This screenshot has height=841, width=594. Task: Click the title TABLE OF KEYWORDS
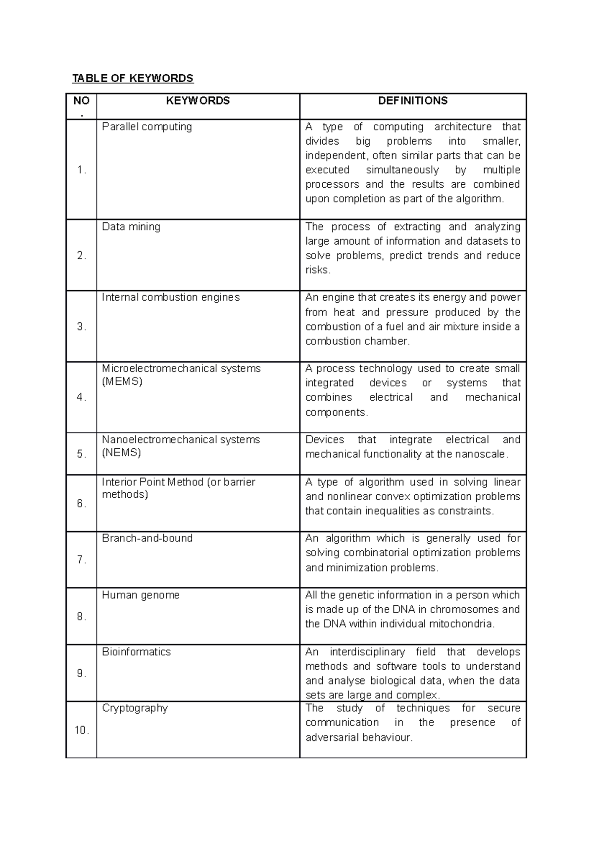133,78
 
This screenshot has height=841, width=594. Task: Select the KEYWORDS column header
198,101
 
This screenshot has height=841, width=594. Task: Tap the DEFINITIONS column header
413,101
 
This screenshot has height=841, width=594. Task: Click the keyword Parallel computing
147,127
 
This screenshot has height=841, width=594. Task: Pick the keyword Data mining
131,227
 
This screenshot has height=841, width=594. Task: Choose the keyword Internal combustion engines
171,297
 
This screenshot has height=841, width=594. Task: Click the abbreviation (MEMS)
122,381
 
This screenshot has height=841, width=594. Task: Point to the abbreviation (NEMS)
122,453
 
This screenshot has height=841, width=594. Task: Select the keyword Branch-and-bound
148,538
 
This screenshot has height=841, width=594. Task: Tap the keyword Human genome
141,595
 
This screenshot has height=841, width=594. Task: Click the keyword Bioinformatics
137,652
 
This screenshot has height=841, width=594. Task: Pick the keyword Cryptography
135,708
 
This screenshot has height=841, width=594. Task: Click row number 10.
82,730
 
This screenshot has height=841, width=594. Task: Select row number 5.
82,454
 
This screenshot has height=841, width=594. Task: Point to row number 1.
82,170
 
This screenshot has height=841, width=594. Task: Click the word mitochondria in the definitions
461,624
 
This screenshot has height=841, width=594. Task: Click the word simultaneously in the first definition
402,170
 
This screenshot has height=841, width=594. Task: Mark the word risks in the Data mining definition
317,270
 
